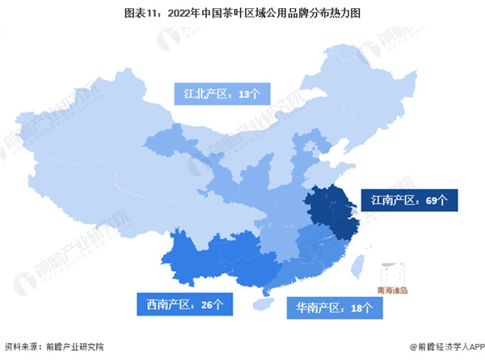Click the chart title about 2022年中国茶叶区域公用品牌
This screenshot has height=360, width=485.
click(242, 14)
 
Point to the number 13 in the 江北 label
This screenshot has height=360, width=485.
click(245, 94)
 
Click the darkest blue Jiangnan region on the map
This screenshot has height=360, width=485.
click(329, 212)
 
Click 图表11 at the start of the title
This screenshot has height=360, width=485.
click(158, 14)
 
